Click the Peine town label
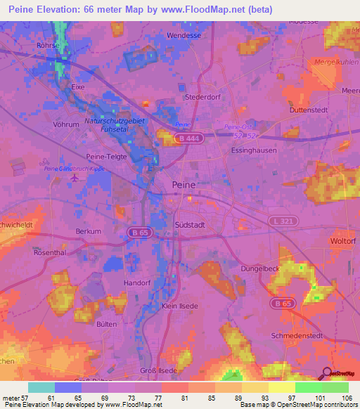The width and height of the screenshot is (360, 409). coord(184,184)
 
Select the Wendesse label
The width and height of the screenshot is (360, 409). coord(185,34)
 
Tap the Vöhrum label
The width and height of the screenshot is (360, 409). coord(65,124)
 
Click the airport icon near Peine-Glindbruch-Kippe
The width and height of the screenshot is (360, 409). coord(75,177)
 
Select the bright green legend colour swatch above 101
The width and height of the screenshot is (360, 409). coord(308,387)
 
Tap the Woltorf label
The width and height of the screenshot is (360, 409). coord(344,241)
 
